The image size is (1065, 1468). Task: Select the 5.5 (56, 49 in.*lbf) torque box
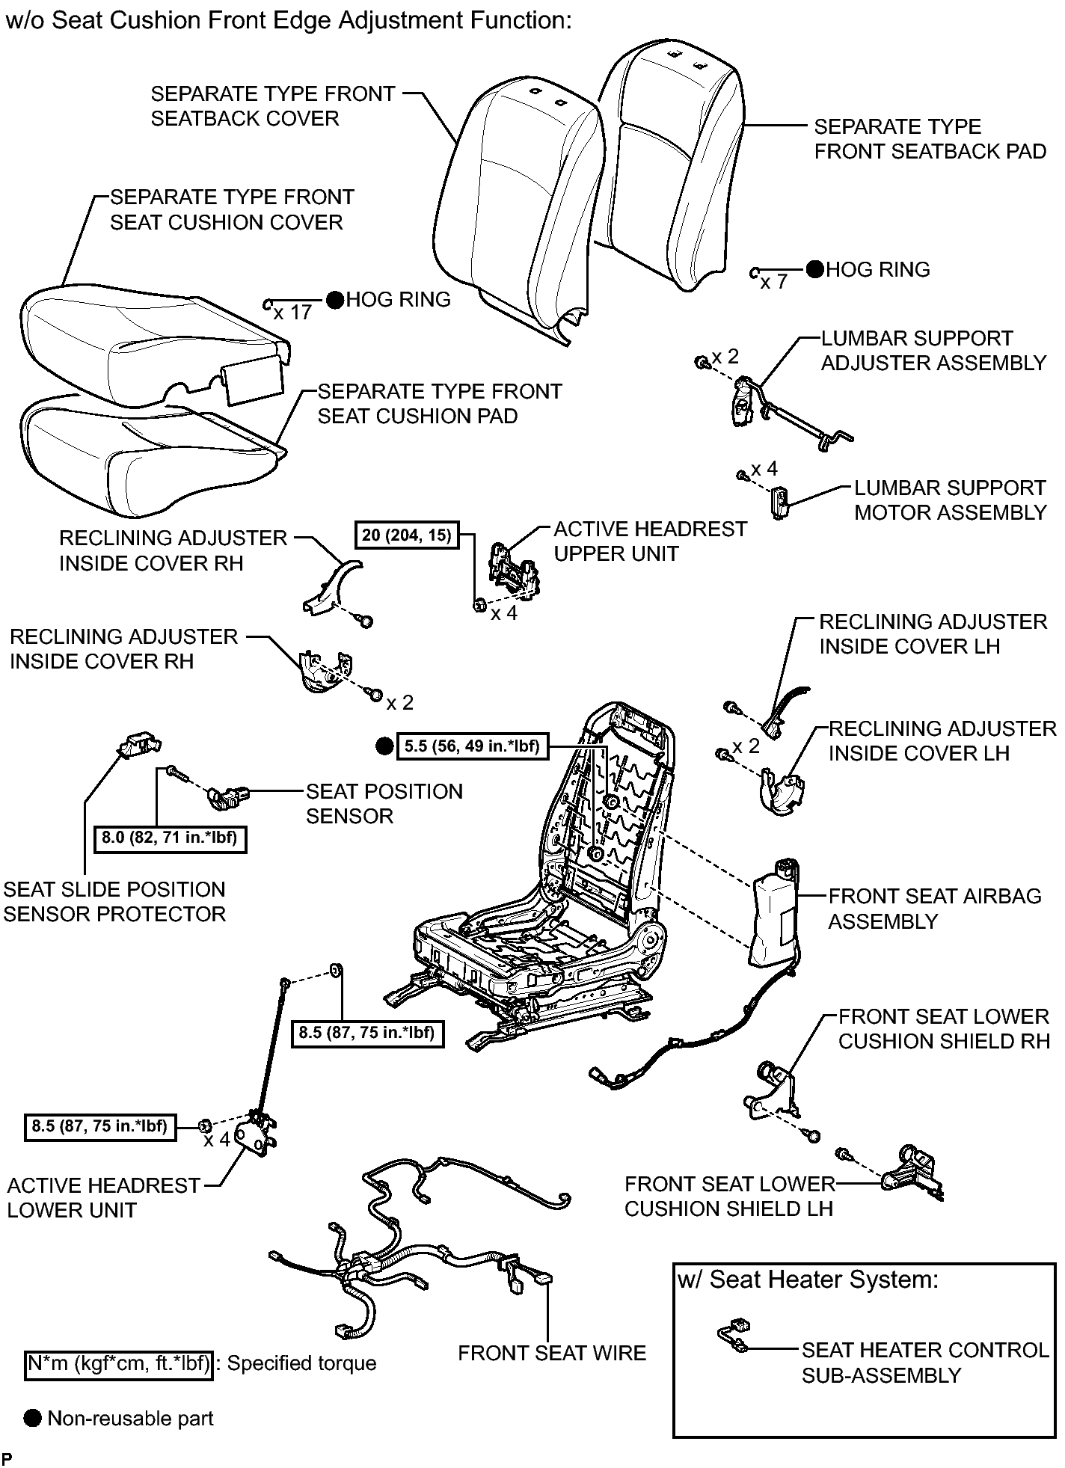[472, 746]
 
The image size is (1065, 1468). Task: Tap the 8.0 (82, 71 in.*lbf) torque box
[170, 838]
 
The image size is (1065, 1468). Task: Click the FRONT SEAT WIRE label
[552, 1353]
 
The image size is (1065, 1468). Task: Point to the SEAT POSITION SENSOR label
[384, 803]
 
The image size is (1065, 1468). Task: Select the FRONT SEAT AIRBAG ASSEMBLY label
[935, 908]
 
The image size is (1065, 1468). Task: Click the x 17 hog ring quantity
[292, 312]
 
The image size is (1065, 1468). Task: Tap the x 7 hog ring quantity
[774, 282]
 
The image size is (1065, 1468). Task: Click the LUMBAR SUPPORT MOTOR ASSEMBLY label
[950, 500]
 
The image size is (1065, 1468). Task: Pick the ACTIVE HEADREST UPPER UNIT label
[650, 541]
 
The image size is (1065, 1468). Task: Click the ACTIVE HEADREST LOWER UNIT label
[104, 1197]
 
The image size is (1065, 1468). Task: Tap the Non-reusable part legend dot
[33, 1419]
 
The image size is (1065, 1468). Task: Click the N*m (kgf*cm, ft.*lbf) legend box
[119, 1363]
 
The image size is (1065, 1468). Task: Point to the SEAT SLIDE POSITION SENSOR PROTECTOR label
[114, 901]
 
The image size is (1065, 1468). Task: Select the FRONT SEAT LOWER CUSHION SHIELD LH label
[729, 1196]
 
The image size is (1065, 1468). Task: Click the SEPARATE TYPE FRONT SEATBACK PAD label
[930, 138]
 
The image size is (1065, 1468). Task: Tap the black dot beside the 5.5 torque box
[384, 746]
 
